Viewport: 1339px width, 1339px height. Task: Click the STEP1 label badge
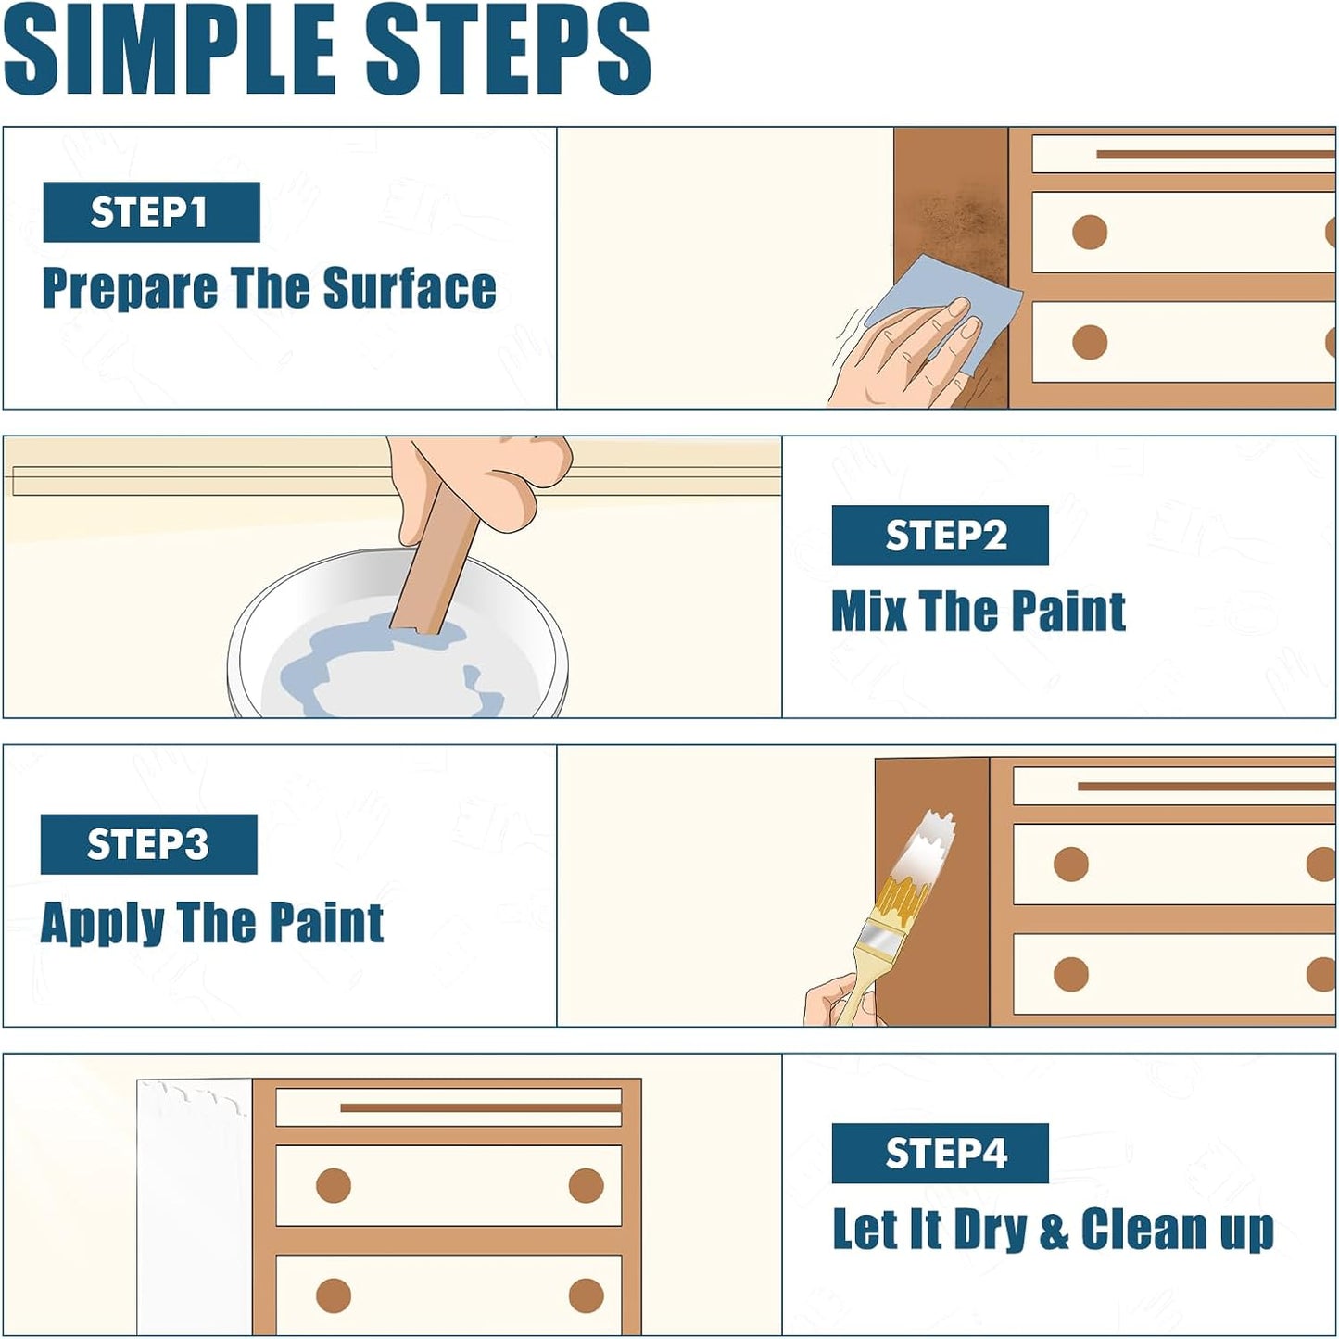pos(151,212)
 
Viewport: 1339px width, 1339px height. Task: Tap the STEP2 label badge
pos(940,535)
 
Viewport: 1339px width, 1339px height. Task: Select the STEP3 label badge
pos(148,843)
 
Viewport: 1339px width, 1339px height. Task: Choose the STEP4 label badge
pos(940,1153)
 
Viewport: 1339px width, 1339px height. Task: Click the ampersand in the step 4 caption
pos(1054,1230)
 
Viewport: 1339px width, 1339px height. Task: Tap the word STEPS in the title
pos(509,48)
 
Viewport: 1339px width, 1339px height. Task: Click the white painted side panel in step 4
pos(194,1207)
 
